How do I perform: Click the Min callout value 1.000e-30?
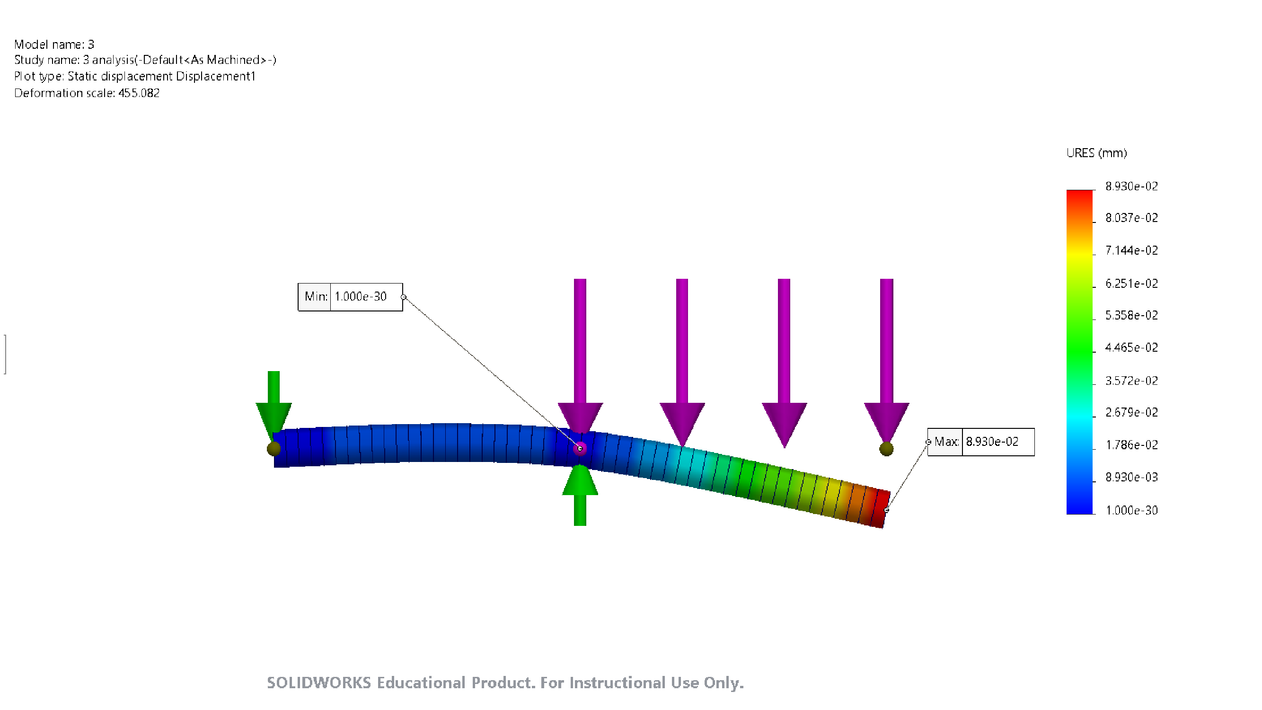click(361, 296)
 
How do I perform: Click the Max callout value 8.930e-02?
click(992, 442)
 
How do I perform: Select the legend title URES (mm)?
click(1096, 153)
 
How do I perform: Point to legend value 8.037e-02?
click(1131, 218)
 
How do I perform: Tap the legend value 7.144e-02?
click(1131, 251)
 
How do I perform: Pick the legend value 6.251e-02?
click(1131, 284)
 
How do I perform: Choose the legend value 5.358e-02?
click(1131, 316)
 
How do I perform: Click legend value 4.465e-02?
click(1131, 348)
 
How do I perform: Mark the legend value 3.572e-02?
click(1131, 381)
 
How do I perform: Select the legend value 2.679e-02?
click(1131, 413)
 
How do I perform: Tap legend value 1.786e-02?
click(1131, 445)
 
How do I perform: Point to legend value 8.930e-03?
click(1131, 477)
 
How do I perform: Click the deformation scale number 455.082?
click(139, 93)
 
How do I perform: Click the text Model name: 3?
click(54, 44)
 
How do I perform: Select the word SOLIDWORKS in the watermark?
click(318, 683)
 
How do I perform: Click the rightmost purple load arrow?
click(886, 363)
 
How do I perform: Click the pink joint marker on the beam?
click(580, 448)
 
